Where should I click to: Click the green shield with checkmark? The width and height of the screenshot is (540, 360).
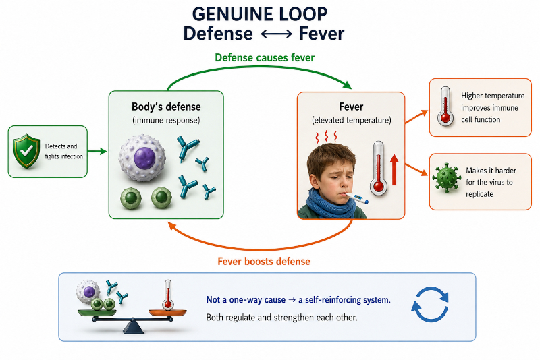(x=26, y=151)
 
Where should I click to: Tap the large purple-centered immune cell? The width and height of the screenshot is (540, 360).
(x=142, y=158)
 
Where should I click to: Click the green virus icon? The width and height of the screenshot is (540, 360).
(x=447, y=178)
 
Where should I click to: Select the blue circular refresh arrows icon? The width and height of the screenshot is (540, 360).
(x=430, y=304)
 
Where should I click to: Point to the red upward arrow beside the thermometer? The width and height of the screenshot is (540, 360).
(x=394, y=170)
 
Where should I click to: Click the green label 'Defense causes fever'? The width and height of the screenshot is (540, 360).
(x=265, y=57)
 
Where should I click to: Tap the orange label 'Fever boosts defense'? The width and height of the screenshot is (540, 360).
(x=264, y=262)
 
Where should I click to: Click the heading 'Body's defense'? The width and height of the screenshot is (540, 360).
(x=166, y=107)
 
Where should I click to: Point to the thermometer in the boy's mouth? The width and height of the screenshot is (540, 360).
(x=356, y=198)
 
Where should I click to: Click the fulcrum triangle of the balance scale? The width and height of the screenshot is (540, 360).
(x=133, y=326)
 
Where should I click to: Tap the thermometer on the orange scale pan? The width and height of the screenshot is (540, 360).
(x=167, y=295)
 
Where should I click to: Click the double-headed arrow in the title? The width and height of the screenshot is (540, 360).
(x=276, y=34)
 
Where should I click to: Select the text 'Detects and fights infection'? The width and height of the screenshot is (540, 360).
(x=63, y=151)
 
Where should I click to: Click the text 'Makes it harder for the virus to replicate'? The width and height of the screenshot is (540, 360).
(x=491, y=182)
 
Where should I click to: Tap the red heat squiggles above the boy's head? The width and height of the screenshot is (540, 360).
(x=326, y=136)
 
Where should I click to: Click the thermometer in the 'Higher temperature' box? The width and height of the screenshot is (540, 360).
(x=446, y=106)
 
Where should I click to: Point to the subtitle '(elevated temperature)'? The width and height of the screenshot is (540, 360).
(x=351, y=121)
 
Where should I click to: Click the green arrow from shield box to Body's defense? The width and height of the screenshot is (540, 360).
(x=97, y=151)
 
